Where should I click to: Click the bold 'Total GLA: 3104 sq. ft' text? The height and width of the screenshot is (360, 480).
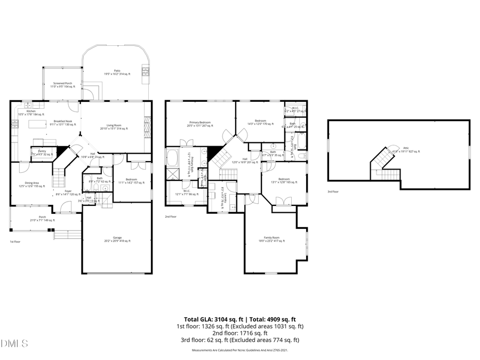pyautogui.click(x=212, y=319)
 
